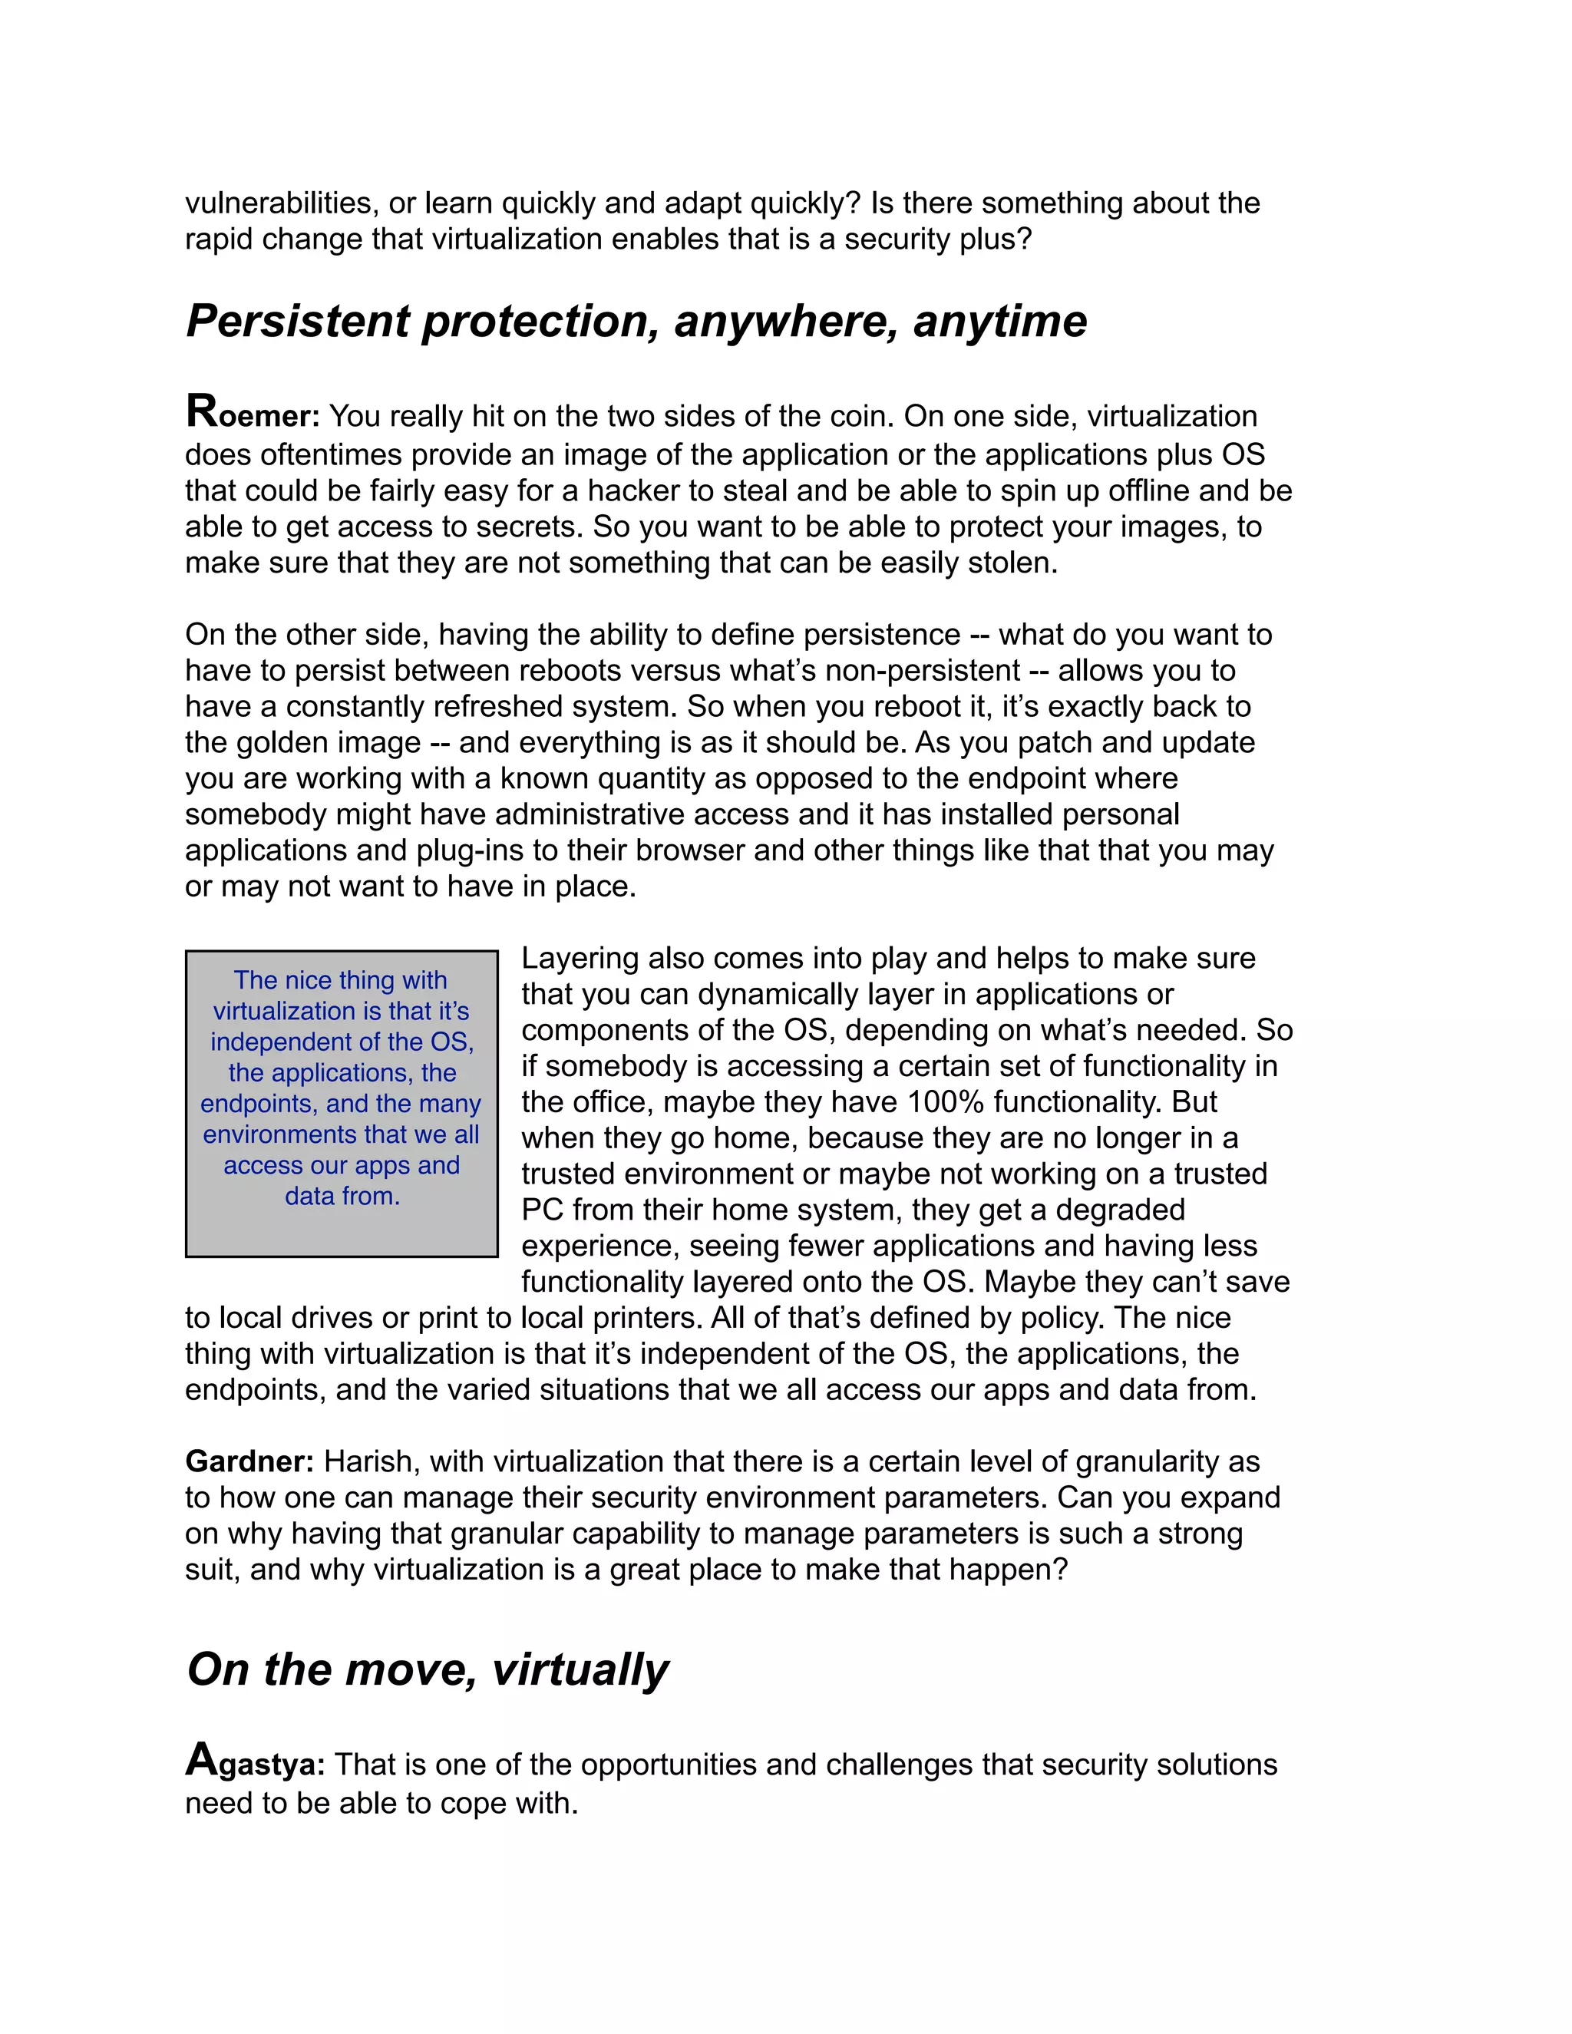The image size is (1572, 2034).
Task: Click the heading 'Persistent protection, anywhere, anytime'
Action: (636, 322)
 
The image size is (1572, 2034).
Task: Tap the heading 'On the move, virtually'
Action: (428, 1669)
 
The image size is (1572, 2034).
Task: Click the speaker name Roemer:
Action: (253, 414)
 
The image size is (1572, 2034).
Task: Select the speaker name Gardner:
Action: (249, 1461)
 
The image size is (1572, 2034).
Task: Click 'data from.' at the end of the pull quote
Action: (342, 1196)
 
